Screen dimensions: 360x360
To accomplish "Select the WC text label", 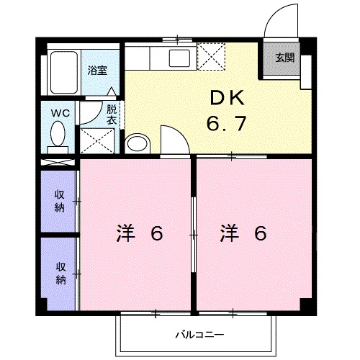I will tap(59, 112).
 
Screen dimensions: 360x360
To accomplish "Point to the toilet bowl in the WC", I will tap(59, 132).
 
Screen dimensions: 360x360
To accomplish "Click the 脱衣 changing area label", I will tap(111, 115).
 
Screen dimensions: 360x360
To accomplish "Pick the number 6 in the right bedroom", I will tap(260, 233).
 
